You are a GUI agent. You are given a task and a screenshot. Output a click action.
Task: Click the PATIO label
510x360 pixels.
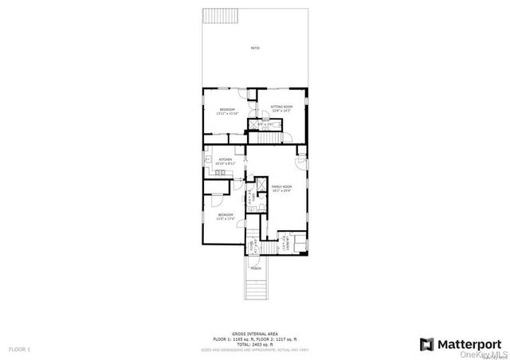(x=255, y=49)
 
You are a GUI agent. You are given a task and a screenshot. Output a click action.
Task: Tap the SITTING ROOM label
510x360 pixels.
(x=281, y=107)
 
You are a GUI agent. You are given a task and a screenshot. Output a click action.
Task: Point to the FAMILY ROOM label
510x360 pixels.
(x=282, y=187)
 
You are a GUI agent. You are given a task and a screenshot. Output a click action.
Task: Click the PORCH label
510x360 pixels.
(x=256, y=268)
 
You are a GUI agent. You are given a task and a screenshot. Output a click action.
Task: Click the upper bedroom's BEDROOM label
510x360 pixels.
(x=227, y=111)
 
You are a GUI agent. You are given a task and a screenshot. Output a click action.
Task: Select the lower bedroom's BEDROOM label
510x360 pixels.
(x=226, y=216)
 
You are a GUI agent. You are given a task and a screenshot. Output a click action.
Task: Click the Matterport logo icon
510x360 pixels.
(x=426, y=344)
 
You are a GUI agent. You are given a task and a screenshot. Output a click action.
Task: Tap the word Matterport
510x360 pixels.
(x=467, y=344)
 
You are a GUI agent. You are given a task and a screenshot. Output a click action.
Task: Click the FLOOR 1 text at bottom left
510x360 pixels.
(x=19, y=350)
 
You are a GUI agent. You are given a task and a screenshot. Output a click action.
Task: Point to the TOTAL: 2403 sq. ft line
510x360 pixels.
(x=255, y=344)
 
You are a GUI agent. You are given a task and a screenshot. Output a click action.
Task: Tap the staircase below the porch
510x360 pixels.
(x=256, y=287)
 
